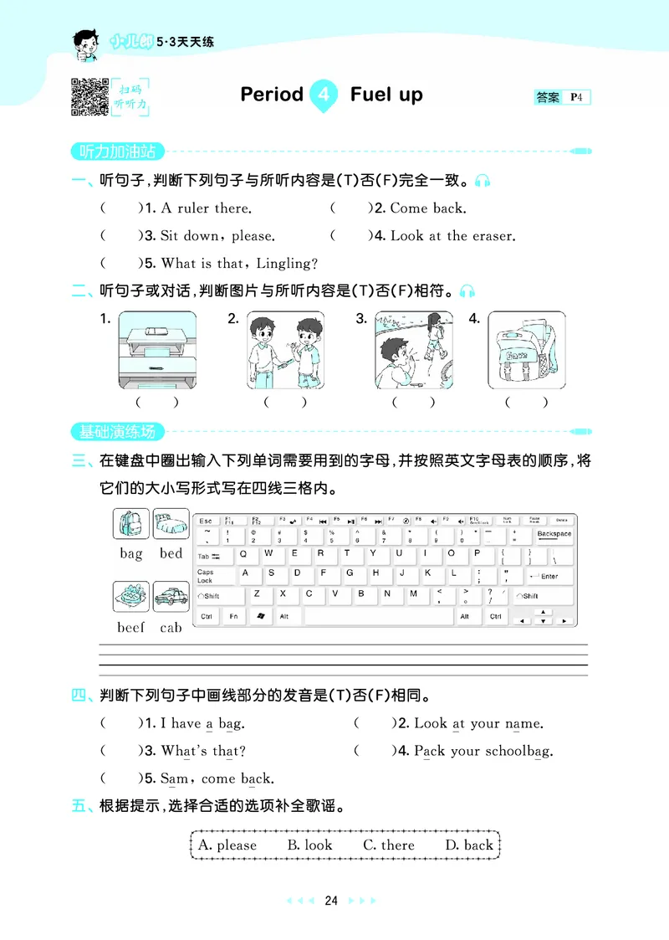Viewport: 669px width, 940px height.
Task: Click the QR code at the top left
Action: click(89, 95)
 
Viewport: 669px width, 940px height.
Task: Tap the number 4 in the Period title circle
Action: click(324, 95)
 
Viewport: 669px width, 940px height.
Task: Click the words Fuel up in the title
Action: click(386, 95)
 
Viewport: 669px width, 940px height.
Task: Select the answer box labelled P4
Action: click(563, 97)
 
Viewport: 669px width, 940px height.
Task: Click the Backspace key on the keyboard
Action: click(554, 535)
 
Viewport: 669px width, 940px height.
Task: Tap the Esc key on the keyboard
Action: click(206, 521)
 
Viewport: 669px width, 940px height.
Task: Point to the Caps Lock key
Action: click(206, 576)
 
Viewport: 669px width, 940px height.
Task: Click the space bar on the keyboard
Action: click(376, 616)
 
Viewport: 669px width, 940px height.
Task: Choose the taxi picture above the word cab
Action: click(171, 598)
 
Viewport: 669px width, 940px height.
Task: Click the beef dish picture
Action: click(131, 598)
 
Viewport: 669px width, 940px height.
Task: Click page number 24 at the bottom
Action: click(331, 901)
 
